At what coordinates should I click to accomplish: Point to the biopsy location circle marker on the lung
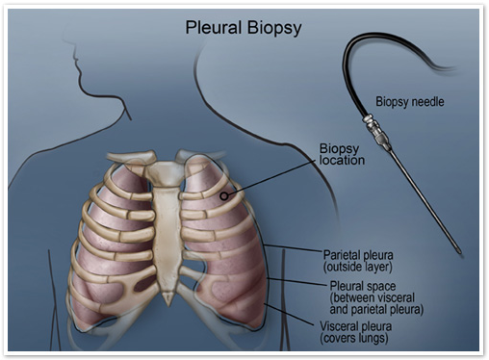coord(223,195)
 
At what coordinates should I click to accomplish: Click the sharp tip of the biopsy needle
coord(460,253)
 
